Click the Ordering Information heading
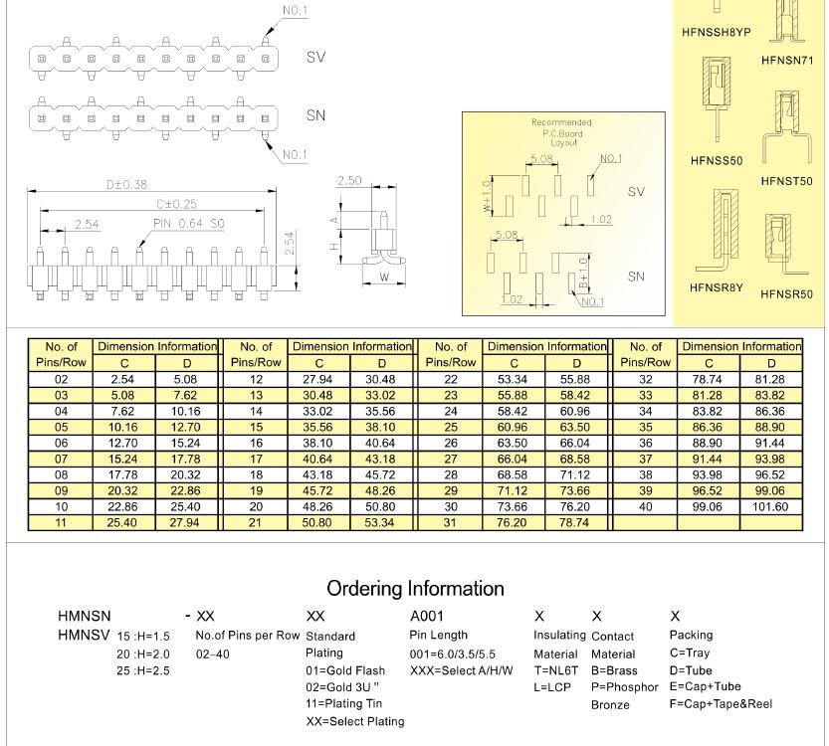coord(415,588)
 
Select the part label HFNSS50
coord(717,160)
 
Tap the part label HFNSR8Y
coord(717,288)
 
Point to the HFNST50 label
coord(786,181)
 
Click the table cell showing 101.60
coord(771,507)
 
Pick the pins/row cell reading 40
coord(646,507)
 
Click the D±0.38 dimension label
coord(126,184)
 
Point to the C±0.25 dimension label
coord(176,204)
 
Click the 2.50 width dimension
coord(349,181)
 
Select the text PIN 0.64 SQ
coord(188,224)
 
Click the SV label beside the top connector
coord(315,58)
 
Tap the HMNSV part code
coord(85,635)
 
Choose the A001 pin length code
coord(427,617)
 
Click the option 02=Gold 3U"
coord(342,686)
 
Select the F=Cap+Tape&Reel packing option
coord(721,703)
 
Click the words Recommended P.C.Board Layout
coord(563,132)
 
